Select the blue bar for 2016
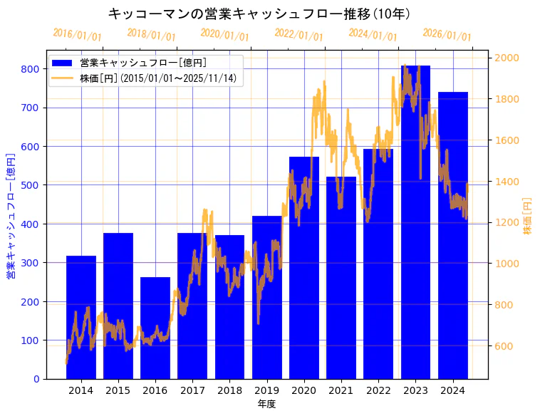click(x=155, y=328)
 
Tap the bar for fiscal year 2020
click(x=304, y=268)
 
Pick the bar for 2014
click(x=81, y=317)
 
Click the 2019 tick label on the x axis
click(x=266, y=390)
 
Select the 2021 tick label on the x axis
click(x=341, y=390)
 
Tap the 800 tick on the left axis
click(x=30, y=69)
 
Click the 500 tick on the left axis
click(x=30, y=185)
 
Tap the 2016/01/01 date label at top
click(x=77, y=35)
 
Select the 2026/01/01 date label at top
click(x=447, y=35)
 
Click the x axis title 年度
click(x=266, y=404)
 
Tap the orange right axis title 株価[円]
click(x=528, y=217)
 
